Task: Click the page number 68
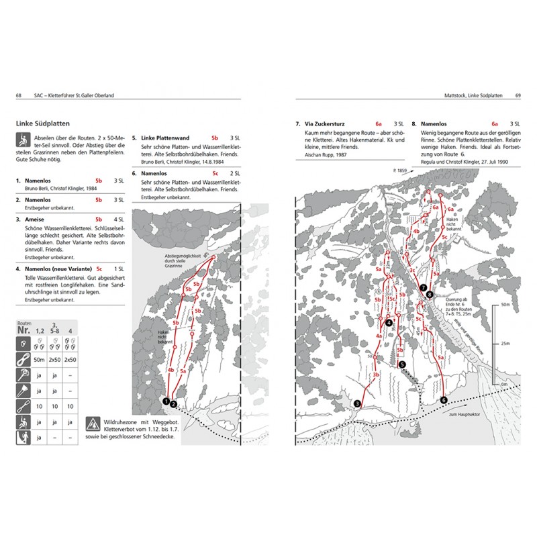18,95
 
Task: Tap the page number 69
518,95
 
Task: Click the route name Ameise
34,219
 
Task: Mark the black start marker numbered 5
402,364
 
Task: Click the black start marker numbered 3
357,403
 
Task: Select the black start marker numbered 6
443,400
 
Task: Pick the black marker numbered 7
423,288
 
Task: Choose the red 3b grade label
377,375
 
